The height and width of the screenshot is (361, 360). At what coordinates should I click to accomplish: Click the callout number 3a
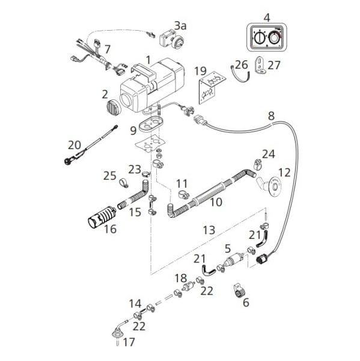click(180, 26)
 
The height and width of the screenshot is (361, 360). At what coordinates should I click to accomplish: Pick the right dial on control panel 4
click(273, 37)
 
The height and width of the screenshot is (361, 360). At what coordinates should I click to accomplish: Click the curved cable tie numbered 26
click(240, 73)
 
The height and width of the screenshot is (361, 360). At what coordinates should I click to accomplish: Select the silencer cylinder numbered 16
click(101, 216)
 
